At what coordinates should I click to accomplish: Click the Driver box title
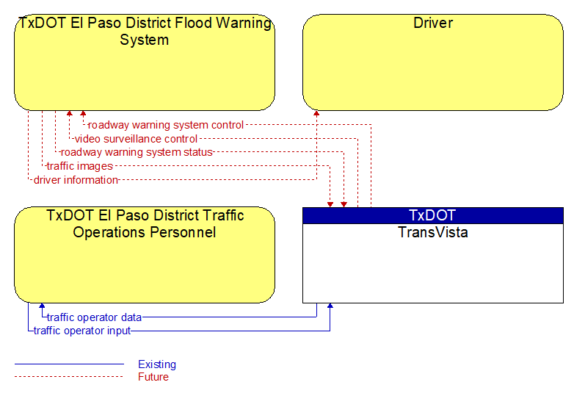point(433,23)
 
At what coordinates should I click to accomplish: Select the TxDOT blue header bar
point(433,215)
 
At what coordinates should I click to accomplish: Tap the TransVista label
point(433,232)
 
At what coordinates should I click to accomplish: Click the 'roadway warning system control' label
point(166,125)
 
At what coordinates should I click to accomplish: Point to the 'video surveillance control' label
point(136,139)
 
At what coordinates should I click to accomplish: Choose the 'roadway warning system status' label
point(137,152)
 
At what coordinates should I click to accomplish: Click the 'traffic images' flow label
point(80,166)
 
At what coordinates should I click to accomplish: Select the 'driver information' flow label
point(76,180)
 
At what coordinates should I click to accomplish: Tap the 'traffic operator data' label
point(94,317)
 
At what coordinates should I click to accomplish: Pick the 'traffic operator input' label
point(82,331)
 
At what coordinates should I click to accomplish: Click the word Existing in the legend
point(157,364)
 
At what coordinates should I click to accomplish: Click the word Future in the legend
point(153,377)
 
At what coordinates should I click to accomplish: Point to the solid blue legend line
point(69,364)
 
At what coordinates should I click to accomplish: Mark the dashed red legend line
point(69,376)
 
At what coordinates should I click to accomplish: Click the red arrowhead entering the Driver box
point(316,113)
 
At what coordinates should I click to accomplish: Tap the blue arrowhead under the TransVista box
point(330,306)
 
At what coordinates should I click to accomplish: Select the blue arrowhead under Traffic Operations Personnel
point(42,306)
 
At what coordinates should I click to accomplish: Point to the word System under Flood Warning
point(144,40)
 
